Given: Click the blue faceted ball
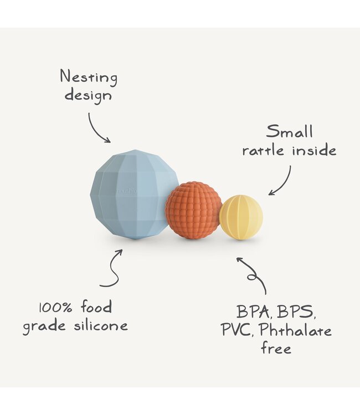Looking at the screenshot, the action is tap(134, 194).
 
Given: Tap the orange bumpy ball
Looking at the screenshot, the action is tap(193, 210).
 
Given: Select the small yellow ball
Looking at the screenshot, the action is tap(241, 217).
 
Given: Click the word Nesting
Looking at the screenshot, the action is tap(89, 77).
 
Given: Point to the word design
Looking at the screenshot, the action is tap(88, 96).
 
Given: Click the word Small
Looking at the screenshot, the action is tap(289, 131).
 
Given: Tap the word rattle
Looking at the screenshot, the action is tap(263, 151).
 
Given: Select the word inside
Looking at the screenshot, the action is tap(314, 149).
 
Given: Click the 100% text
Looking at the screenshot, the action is tap(55, 308).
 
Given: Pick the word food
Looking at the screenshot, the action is tap(96, 307).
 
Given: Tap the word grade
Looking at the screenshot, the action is tap(44, 326).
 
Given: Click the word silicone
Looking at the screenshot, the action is tap(101, 325).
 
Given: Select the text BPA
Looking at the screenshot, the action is tap(254, 312).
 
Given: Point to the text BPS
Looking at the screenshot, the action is tap(296, 312).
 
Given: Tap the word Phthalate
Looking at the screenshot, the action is tap(295, 330).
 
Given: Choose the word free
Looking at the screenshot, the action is tap(276, 347).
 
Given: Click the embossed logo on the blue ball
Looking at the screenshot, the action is tap(127, 191).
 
